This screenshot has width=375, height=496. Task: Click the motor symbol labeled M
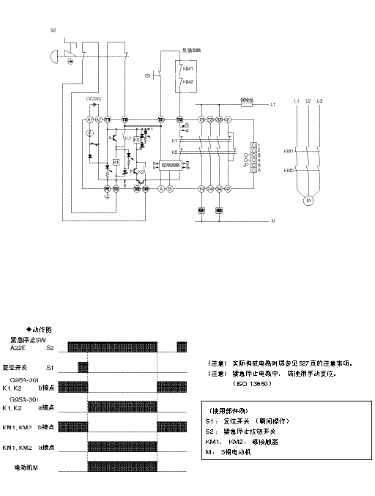pyautogui.click(x=308, y=199)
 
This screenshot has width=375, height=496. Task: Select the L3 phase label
pyautogui.click(x=320, y=100)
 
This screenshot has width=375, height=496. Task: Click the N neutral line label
pyautogui.click(x=272, y=221)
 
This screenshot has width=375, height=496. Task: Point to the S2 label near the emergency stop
pyautogui.click(x=53, y=31)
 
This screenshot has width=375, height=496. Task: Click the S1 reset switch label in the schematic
pyautogui.click(x=146, y=75)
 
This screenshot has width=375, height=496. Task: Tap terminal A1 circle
pyautogui.click(x=89, y=119)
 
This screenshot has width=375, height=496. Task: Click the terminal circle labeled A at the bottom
pyautogui.click(x=161, y=189)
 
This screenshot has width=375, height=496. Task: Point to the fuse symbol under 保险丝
pyautogui.click(x=247, y=105)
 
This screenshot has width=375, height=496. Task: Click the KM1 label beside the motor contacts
pyautogui.click(x=289, y=151)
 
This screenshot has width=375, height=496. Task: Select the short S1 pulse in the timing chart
pyautogui.click(x=83, y=366)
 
